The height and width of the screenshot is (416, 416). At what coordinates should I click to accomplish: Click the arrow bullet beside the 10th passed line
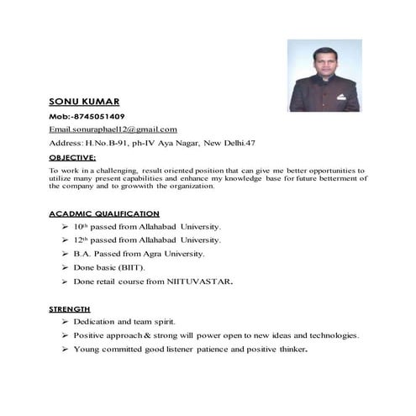(65, 227)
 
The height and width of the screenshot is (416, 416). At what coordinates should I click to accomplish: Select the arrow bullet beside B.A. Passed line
(65, 254)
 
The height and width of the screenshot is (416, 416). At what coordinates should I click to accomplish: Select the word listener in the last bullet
(187, 349)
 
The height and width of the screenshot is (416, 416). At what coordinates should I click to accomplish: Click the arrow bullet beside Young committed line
(65, 349)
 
